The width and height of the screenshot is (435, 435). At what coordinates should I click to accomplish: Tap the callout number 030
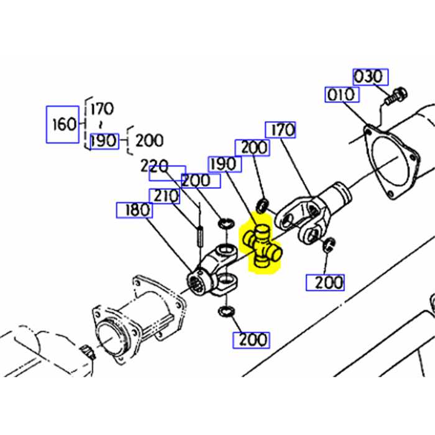(x=371, y=77)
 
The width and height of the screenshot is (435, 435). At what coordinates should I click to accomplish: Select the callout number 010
(x=341, y=94)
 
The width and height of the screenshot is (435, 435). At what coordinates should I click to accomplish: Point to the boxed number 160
(x=65, y=123)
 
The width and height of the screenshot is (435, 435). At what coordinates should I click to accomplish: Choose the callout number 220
(x=155, y=166)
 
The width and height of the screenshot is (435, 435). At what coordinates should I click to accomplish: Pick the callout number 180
(x=134, y=210)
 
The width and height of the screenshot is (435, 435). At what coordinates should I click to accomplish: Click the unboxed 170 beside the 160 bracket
(x=101, y=109)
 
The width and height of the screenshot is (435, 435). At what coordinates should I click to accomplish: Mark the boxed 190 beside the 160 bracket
(x=103, y=140)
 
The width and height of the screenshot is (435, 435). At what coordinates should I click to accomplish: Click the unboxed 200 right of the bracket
(x=149, y=140)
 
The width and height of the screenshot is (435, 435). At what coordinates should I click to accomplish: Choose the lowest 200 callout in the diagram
(x=251, y=340)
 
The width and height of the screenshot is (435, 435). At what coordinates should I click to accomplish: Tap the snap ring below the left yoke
(x=226, y=311)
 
